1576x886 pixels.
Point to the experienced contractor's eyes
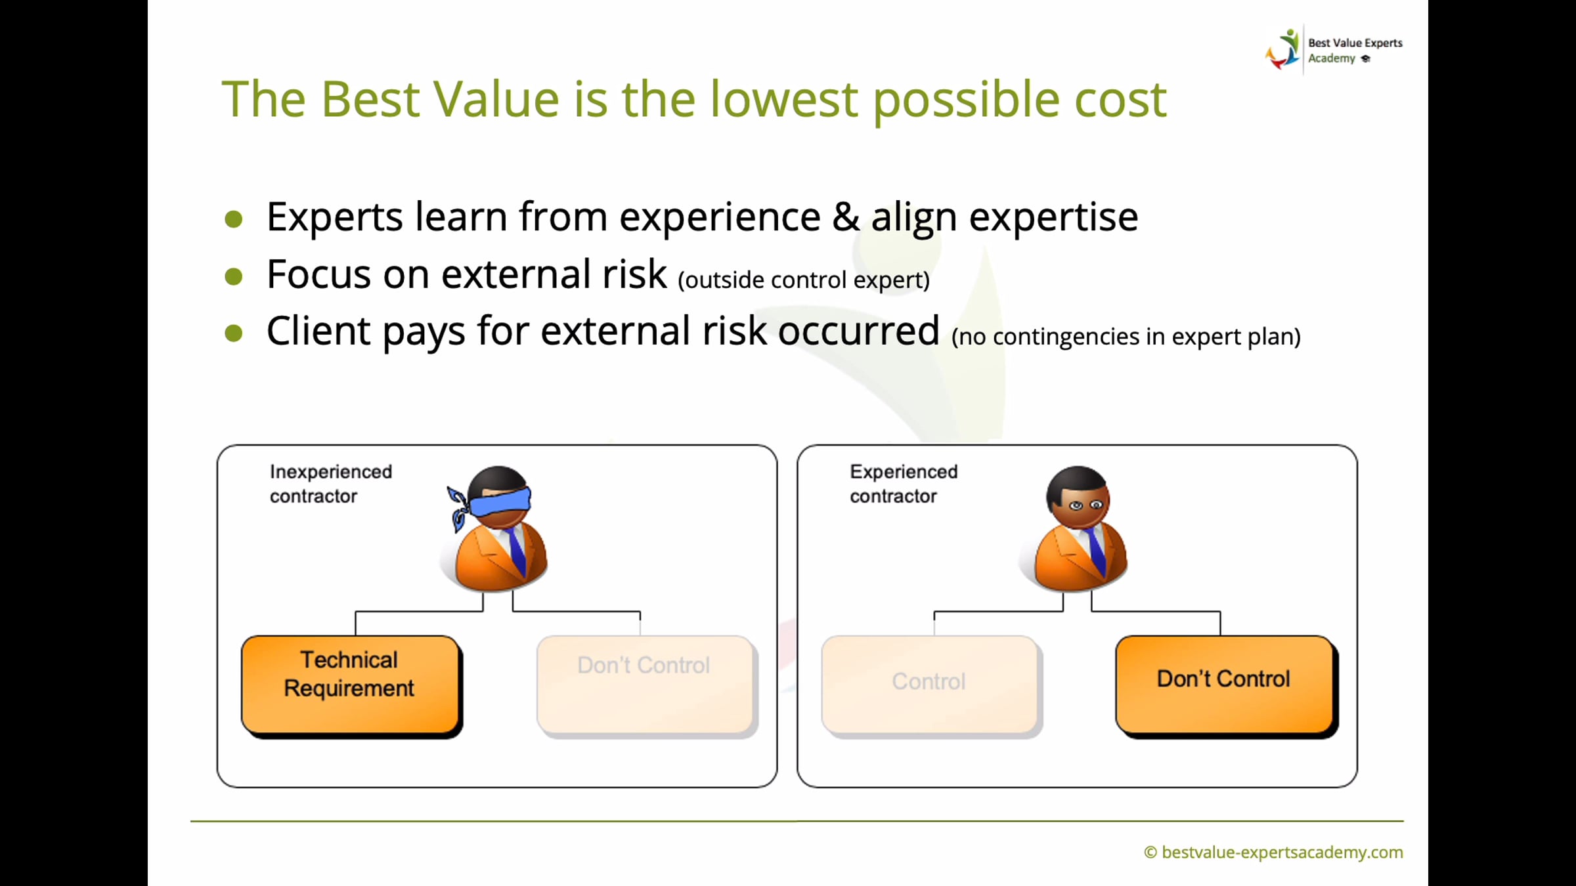1085,505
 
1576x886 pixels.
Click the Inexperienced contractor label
330,484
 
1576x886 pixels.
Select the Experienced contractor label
904,484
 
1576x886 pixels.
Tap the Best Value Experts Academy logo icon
1282,49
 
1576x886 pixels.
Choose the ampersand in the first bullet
846,217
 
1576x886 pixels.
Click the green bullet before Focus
234,276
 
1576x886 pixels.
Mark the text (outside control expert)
804,280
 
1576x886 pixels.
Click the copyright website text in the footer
1273,853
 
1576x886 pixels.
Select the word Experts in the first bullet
334,217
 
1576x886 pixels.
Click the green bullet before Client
234,333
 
